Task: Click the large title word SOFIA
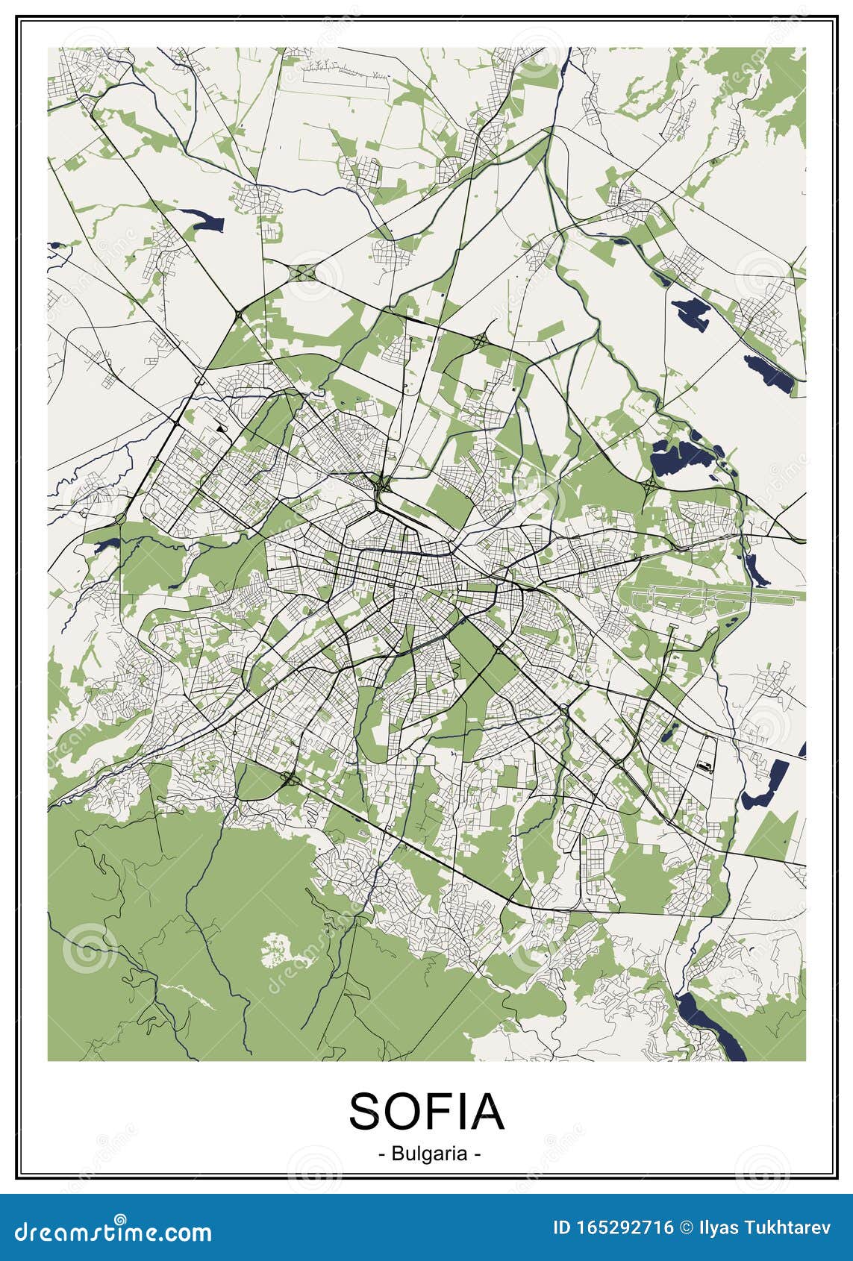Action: point(426,1111)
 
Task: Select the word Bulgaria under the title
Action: point(428,1153)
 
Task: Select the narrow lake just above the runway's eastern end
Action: point(757,571)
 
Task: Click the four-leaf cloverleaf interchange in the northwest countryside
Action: point(304,272)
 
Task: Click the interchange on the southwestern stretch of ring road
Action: point(289,780)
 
